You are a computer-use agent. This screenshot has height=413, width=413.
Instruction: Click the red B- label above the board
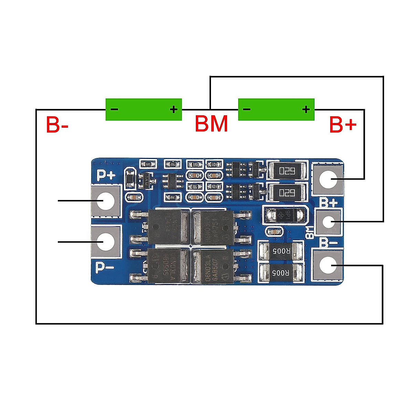pos(57,125)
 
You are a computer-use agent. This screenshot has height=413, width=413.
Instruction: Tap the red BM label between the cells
pos(211,124)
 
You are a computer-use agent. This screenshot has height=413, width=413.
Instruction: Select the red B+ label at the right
pos(342,125)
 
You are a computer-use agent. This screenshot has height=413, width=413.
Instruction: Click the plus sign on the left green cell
pos(174,109)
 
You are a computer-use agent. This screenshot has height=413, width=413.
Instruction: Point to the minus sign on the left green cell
pos(114,109)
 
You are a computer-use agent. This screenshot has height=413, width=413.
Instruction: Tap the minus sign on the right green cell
pos(247,109)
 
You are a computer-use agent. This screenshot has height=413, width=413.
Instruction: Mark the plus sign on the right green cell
pos(306,109)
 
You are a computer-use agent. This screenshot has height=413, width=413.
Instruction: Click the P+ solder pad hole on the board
pos(106,201)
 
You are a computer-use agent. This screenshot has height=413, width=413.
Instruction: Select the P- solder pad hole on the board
pos(106,242)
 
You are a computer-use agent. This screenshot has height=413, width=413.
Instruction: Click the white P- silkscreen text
pos(105,267)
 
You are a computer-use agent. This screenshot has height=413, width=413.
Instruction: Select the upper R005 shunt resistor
pos(281,251)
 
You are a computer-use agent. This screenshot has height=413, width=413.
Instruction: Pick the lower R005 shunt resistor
pos(281,273)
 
